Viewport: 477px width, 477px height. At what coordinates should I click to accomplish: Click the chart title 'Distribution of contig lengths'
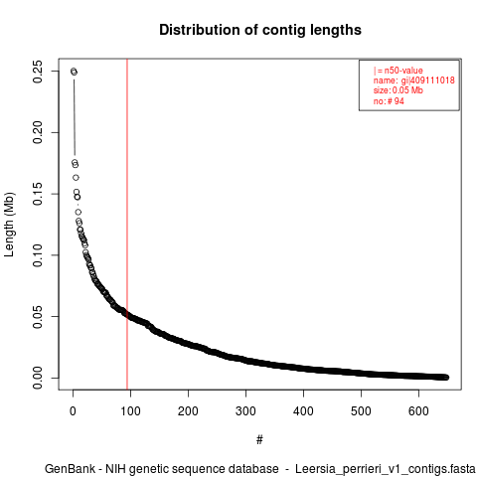(x=260, y=30)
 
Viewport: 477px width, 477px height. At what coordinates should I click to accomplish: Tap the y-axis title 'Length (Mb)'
(x=9, y=225)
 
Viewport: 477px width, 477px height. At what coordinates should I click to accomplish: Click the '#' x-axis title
(x=259, y=440)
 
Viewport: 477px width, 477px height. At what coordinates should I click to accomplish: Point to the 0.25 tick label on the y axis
(x=38, y=72)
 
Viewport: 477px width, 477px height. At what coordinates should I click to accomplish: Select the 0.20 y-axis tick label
(x=38, y=132)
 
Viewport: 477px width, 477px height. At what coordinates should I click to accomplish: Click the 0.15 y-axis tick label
(x=38, y=194)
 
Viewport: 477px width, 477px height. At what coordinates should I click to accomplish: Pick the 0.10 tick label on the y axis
(x=38, y=255)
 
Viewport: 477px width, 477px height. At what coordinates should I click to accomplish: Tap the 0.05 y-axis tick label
(x=38, y=316)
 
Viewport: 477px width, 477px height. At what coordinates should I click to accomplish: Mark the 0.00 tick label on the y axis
(x=38, y=378)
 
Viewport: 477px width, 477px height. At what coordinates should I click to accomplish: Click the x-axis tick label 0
(x=73, y=411)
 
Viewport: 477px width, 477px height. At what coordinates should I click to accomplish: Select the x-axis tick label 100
(x=130, y=411)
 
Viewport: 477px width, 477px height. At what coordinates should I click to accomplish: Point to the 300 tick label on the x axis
(x=245, y=411)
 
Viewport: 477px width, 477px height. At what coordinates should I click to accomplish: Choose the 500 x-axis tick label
(x=361, y=411)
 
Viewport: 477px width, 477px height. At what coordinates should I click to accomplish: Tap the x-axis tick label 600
(x=418, y=411)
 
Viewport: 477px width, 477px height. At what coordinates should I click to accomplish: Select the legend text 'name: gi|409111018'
(x=414, y=80)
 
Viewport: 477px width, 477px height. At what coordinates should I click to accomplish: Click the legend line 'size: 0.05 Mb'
(x=398, y=90)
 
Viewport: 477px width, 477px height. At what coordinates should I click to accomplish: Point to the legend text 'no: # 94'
(x=389, y=101)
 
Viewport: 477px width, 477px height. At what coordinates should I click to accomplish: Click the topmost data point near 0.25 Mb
(x=74, y=72)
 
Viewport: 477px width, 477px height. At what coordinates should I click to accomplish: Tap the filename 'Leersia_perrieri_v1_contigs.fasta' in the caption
(x=386, y=469)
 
